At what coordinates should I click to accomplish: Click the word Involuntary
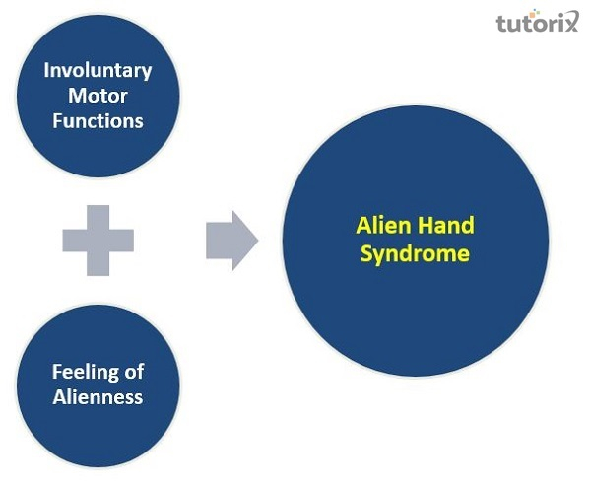click(x=98, y=71)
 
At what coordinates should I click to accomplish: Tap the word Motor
click(x=98, y=96)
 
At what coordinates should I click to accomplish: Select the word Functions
click(x=98, y=120)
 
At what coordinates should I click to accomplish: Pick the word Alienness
click(x=98, y=397)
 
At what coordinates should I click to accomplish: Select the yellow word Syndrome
click(x=414, y=253)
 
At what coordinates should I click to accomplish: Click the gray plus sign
click(x=98, y=239)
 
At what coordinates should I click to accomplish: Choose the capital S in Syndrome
click(x=365, y=253)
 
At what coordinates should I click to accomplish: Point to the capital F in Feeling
click(x=56, y=373)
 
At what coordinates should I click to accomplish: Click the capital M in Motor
click(x=75, y=96)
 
